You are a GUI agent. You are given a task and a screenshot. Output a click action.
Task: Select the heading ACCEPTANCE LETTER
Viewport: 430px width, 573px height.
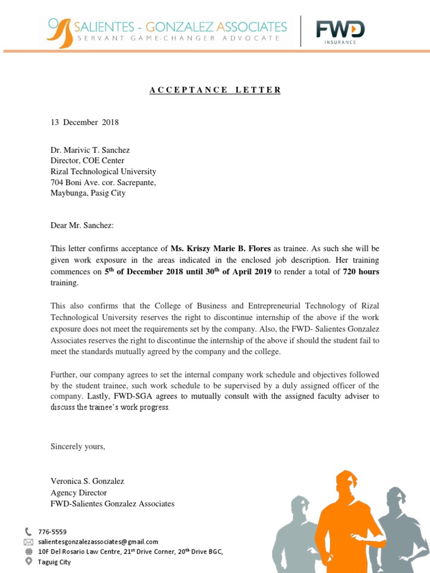(x=215, y=90)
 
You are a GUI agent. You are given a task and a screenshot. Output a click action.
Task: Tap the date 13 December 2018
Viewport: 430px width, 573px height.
(x=85, y=123)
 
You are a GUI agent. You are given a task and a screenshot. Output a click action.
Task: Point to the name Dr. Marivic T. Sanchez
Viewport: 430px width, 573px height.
(x=90, y=150)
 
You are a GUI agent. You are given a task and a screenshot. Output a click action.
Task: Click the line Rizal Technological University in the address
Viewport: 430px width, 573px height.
(x=103, y=172)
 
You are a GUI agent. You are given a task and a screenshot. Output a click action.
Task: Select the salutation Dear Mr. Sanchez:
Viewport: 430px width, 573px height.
(x=82, y=226)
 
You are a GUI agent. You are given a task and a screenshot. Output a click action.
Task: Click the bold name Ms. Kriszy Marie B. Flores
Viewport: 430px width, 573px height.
(x=221, y=248)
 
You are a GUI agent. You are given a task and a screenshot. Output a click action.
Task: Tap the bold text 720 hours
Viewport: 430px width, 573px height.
(x=361, y=271)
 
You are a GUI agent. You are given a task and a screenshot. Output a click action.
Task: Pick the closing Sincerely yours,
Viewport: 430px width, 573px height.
(x=78, y=447)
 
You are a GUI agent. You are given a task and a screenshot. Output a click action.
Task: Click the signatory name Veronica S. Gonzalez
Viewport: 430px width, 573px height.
(x=87, y=481)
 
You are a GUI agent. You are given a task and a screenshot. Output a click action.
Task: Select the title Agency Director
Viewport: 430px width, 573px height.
(x=78, y=492)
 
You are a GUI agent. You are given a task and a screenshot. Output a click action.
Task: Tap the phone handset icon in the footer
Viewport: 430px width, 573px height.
(x=29, y=532)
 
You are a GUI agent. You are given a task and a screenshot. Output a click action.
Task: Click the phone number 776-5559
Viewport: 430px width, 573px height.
(x=52, y=532)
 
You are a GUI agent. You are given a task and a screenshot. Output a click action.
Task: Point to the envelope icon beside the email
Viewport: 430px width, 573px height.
(x=29, y=542)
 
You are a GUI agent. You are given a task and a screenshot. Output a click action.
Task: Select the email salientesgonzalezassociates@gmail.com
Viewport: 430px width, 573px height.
(x=98, y=542)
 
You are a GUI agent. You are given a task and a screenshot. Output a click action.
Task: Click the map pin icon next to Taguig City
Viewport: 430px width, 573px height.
(x=29, y=561)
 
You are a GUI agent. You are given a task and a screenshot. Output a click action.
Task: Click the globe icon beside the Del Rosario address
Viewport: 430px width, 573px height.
(x=29, y=551)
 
